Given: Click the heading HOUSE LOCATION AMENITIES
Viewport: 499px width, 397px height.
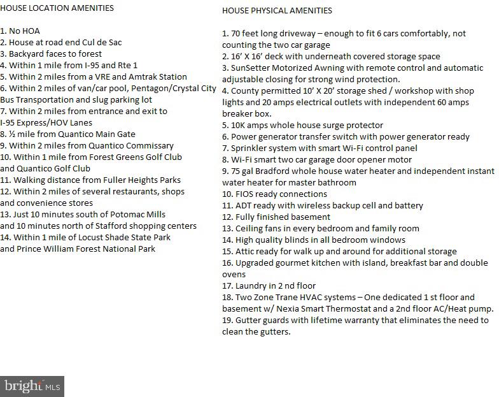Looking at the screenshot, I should coord(57,8).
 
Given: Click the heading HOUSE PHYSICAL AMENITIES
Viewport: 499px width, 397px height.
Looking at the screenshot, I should coord(277,11).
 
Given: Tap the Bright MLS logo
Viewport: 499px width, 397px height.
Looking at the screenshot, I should coord(32,386).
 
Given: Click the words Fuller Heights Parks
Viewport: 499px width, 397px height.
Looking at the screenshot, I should coord(139,180).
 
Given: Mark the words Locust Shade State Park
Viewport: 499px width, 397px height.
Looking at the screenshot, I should coord(115,237).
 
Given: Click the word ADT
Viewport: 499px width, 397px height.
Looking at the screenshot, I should coord(244,205).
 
